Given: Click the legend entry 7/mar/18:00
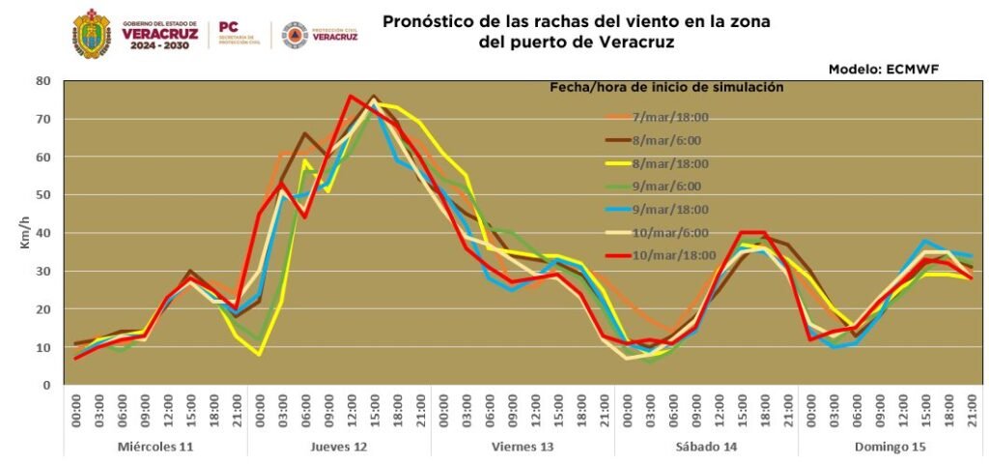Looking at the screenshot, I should [x=670, y=117].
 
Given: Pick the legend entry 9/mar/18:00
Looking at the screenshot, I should [x=670, y=209].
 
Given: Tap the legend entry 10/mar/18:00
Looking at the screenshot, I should [x=673, y=255].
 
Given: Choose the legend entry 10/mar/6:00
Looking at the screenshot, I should [x=670, y=232].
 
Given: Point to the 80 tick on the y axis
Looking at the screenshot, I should [x=42, y=81].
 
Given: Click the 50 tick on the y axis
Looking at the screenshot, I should [x=42, y=195].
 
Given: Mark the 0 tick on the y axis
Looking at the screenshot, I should [x=45, y=386].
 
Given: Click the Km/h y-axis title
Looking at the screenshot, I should [x=25, y=233].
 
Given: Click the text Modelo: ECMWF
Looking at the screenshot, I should [x=883, y=69].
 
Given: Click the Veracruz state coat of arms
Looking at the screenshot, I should [x=92, y=34].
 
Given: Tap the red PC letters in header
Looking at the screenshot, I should [x=229, y=27].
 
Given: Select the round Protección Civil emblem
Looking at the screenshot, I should [x=294, y=35].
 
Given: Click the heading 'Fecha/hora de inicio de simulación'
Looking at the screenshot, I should [x=665, y=87].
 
